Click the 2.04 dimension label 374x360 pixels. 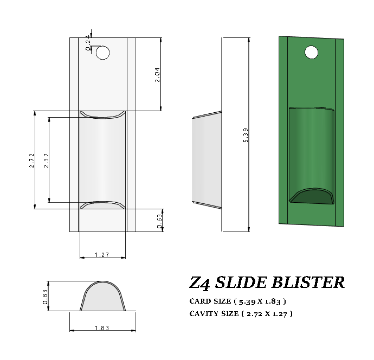[x=157, y=74]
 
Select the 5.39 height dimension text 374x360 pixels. [x=246, y=135]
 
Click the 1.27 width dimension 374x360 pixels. [x=102, y=254]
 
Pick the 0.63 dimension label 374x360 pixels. [x=160, y=221]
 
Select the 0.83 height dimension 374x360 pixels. [x=46, y=297]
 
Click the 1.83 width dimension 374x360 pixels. [x=102, y=328]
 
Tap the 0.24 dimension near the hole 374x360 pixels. [x=88, y=42]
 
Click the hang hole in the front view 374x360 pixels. [x=102, y=53]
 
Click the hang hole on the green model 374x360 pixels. [x=311, y=53]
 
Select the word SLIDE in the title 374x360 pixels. [x=242, y=282]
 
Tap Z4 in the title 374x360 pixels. [x=200, y=283]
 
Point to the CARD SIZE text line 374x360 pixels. [x=237, y=301]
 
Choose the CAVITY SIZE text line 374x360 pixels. [x=241, y=313]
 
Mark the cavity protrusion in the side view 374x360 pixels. [x=207, y=160]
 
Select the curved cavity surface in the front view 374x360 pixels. [x=102, y=160]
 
